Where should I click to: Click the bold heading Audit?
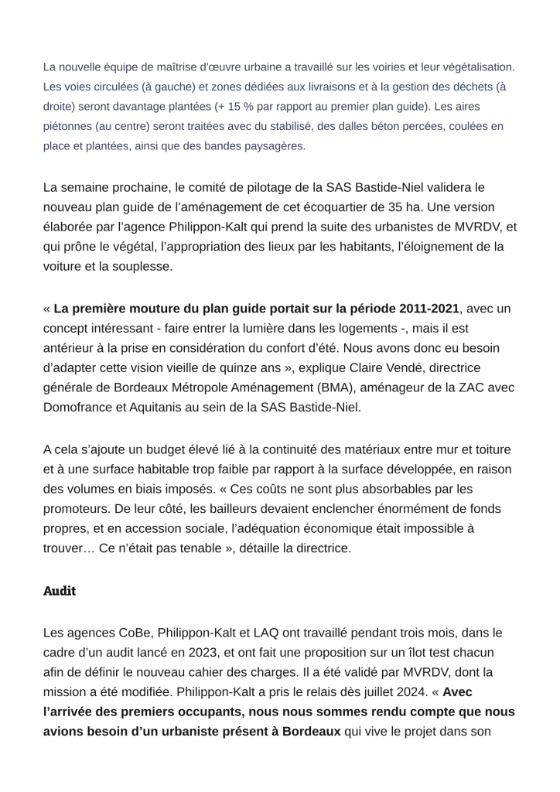[x=59, y=591]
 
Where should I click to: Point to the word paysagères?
[x=272, y=145]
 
